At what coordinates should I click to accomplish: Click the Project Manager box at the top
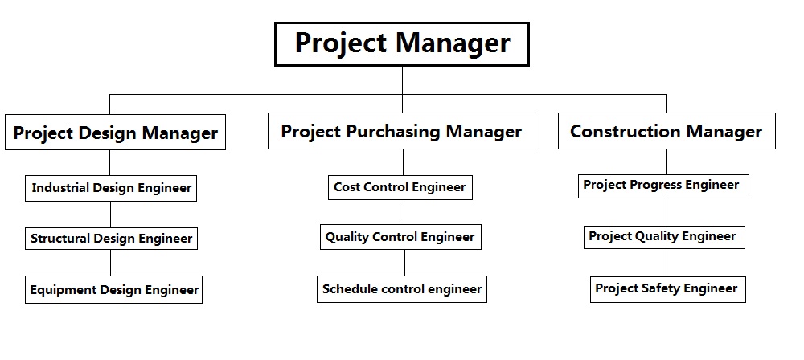[401, 44]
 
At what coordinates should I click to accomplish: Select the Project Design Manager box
[115, 133]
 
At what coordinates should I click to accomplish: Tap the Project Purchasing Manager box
[401, 131]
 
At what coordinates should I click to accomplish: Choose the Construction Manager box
[667, 131]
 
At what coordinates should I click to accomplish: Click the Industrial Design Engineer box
[111, 188]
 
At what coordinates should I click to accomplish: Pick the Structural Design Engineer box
[111, 239]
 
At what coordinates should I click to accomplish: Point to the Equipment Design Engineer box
[114, 290]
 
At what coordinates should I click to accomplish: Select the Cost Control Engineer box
[400, 187]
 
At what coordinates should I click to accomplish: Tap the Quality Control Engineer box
[400, 237]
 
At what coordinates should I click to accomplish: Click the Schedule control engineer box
[402, 289]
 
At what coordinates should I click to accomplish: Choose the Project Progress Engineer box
[663, 186]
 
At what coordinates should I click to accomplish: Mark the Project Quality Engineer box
[664, 237]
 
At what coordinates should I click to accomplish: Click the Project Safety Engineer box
[667, 290]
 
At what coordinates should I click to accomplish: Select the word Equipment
[63, 291]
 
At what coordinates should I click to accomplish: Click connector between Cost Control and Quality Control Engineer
[404, 212]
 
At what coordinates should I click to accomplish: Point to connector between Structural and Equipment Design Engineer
[110, 263]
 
